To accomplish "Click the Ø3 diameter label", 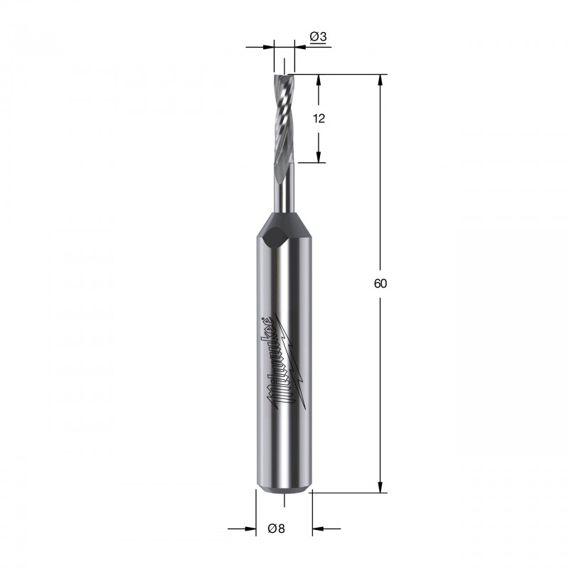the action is (318, 37).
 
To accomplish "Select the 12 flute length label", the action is (319, 118).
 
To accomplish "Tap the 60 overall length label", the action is (381, 283).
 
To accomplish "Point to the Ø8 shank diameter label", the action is (276, 528).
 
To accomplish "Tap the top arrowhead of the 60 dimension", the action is (381, 80).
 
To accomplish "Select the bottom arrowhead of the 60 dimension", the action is (381, 487).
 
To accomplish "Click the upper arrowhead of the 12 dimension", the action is (319, 80).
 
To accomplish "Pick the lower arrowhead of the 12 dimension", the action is (319, 156).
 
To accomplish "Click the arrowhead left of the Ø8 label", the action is (250, 528).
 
